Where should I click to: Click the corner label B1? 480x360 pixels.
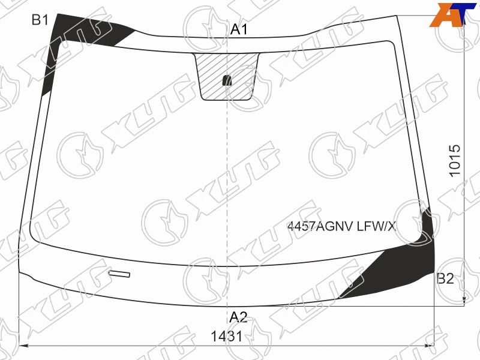40,20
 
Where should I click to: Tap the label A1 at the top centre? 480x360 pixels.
239,29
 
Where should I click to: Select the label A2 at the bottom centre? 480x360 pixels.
238,317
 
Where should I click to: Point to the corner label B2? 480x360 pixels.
445,278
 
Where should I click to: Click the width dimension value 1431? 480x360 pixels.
227,337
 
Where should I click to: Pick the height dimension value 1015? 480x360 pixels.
455,160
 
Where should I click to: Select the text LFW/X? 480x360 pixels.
376,227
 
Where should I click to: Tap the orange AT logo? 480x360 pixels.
450,14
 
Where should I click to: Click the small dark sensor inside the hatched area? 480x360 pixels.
227,80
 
